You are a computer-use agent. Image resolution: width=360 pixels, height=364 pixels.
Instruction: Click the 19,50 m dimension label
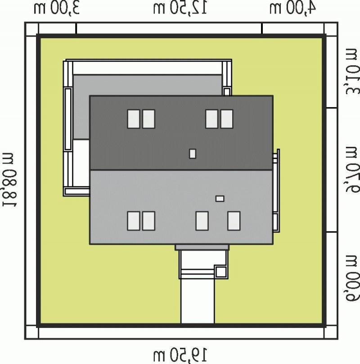[x=180, y=354]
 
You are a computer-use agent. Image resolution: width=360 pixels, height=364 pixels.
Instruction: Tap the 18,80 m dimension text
[x=10, y=180]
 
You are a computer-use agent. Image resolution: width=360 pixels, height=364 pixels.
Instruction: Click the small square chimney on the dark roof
[x=193, y=154]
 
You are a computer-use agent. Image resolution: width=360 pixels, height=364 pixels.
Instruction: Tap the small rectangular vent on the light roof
[x=220, y=199]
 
